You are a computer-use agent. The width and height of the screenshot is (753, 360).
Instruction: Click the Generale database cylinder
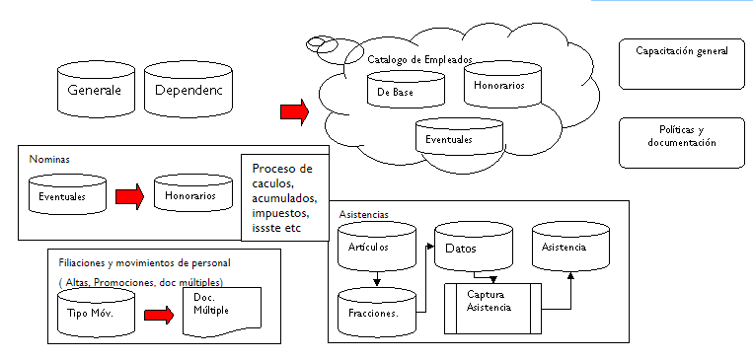(x=94, y=90)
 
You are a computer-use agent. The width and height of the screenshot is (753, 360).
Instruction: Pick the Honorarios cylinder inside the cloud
(x=500, y=86)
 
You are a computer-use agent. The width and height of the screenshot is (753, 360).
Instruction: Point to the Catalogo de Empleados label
(x=419, y=59)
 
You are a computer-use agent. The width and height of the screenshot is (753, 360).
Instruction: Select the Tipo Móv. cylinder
(x=92, y=313)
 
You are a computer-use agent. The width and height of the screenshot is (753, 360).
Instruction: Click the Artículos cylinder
(x=377, y=249)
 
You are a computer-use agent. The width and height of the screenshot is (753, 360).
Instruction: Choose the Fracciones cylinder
(x=376, y=311)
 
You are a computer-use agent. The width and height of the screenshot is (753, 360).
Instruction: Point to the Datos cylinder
(x=474, y=250)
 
